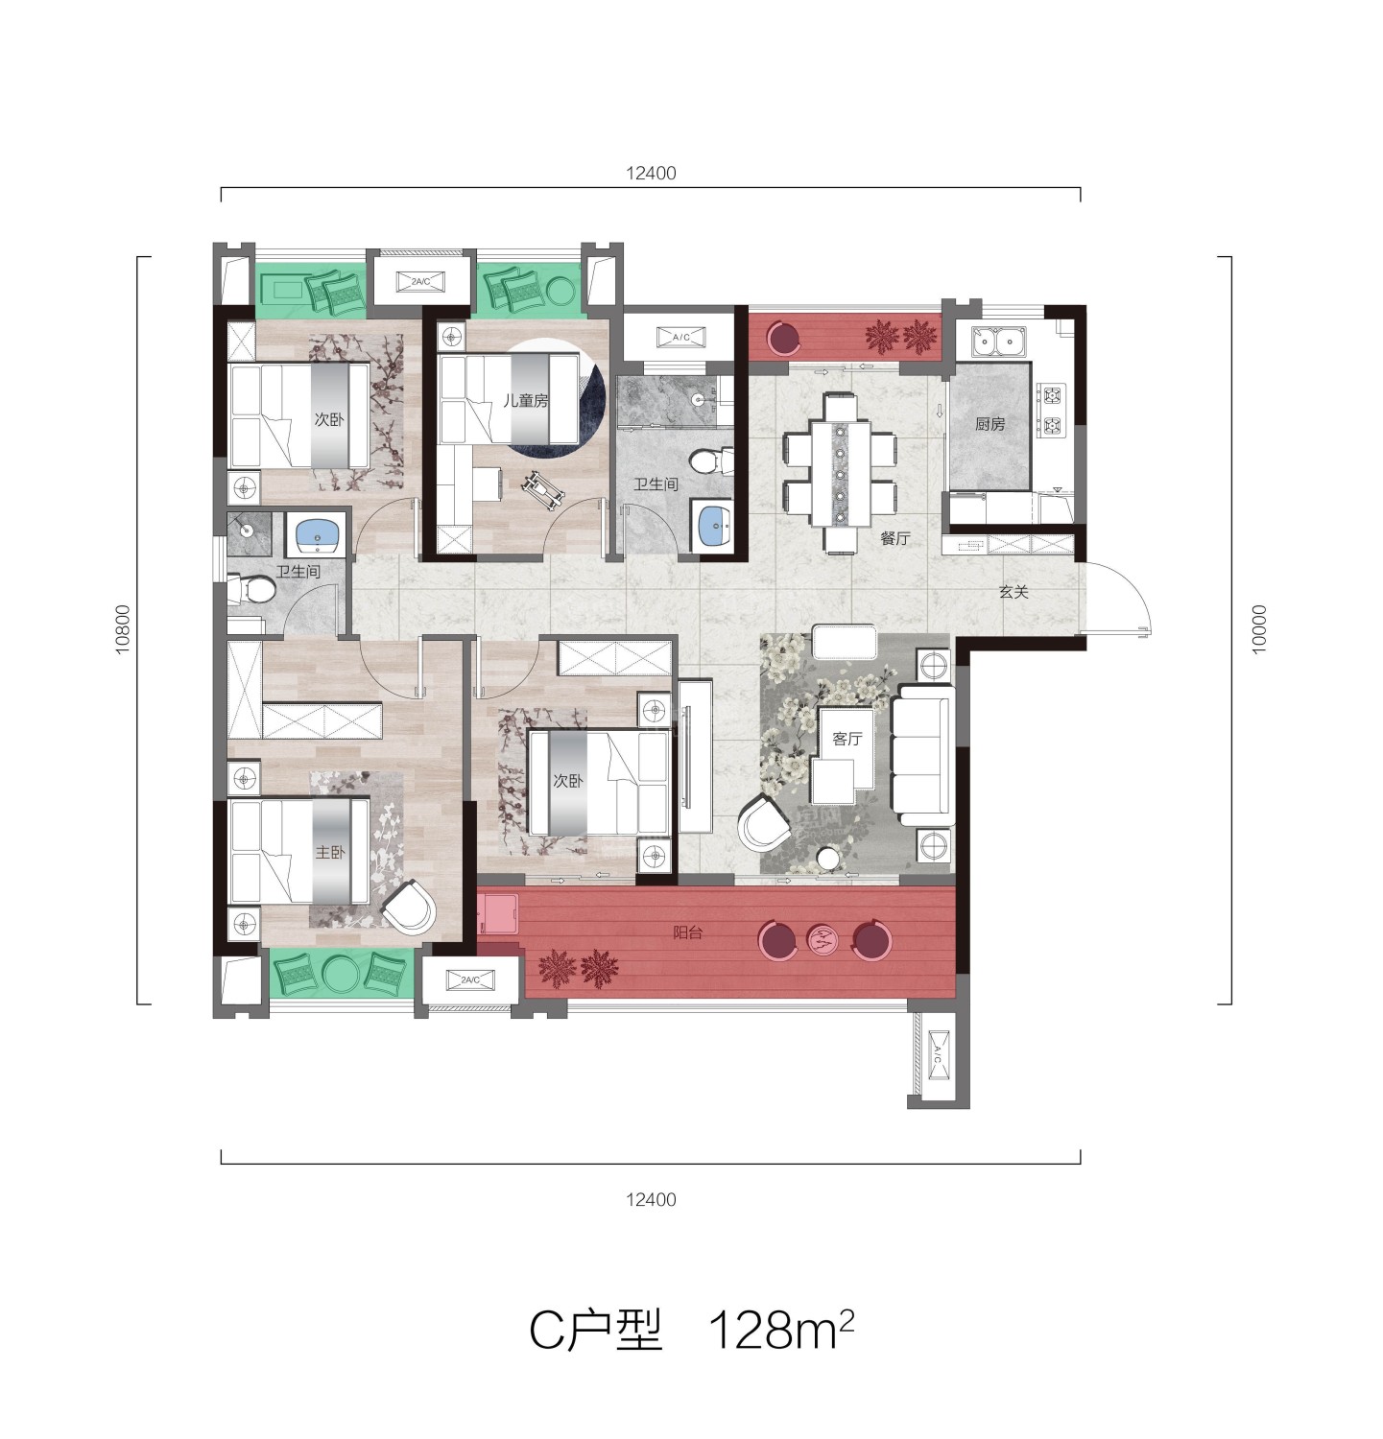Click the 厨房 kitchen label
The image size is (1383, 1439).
point(990,424)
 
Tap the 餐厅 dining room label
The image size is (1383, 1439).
point(894,539)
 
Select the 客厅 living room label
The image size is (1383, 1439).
point(846,739)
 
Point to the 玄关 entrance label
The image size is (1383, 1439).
point(1013,593)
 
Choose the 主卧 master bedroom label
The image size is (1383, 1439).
point(330,852)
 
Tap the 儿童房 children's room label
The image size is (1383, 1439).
point(526,400)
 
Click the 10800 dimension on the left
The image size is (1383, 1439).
point(122,630)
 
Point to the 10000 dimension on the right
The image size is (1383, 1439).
point(1258,630)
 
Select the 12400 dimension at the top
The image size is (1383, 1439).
point(651,174)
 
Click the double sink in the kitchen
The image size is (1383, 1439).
point(998,341)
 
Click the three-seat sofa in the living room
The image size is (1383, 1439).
point(922,757)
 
